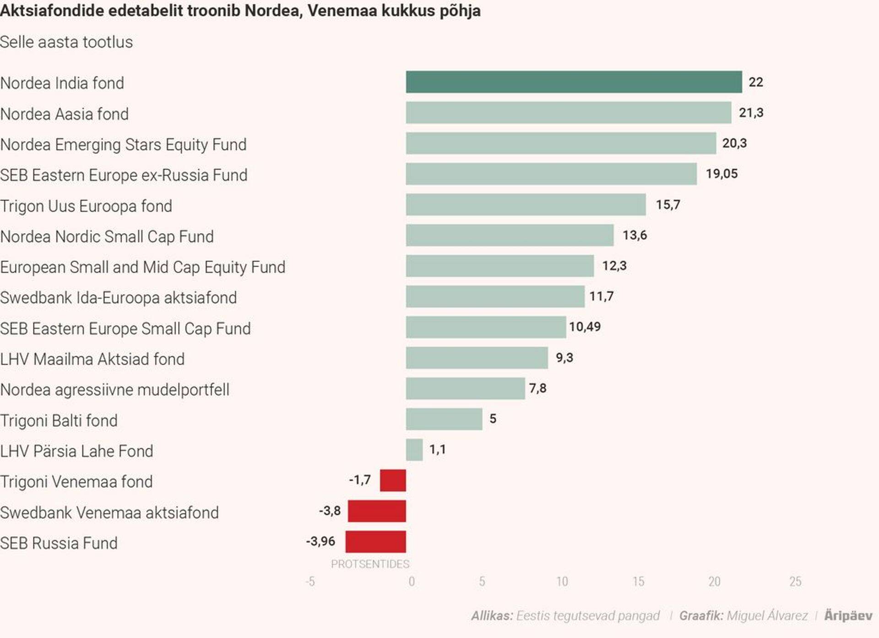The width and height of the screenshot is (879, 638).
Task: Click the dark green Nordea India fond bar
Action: [573, 82]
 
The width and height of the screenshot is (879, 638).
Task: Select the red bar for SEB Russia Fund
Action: [375, 541]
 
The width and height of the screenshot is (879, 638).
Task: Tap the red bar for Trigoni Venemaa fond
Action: [393, 480]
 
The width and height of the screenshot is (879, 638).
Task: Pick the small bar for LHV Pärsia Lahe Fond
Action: [414, 450]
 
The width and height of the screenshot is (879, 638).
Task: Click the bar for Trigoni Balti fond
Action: [444, 419]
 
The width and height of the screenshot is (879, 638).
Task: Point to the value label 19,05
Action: [722, 174]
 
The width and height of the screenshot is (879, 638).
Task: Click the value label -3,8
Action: [330, 510]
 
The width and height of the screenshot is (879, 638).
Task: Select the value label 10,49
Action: [585, 327]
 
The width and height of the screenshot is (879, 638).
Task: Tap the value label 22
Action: [755, 82]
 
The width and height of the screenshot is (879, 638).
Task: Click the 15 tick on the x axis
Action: [638, 582]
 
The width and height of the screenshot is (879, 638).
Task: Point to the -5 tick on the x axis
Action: [310, 582]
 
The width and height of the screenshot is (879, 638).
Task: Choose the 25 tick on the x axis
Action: [795, 582]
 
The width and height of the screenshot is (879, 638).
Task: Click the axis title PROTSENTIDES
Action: [370, 564]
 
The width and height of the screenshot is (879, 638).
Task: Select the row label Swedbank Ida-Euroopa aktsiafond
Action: [119, 298]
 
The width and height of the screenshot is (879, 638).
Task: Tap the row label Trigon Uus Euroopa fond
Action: [86, 206]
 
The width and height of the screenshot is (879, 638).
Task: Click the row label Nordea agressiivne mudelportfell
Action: [114, 390]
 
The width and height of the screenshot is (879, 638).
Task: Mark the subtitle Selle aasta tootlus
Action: [66, 42]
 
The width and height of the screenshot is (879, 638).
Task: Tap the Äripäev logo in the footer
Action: [848, 615]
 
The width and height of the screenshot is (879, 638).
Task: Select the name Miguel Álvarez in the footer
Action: [767, 615]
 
